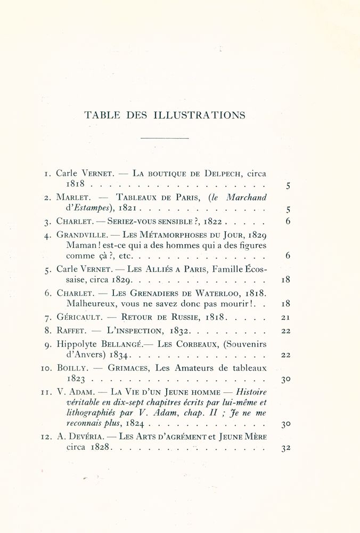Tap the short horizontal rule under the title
(x=165, y=139)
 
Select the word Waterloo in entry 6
(x=221, y=293)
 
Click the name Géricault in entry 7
(x=79, y=318)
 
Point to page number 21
(x=285, y=318)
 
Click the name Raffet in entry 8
(x=70, y=330)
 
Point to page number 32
(x=285, y=448)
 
